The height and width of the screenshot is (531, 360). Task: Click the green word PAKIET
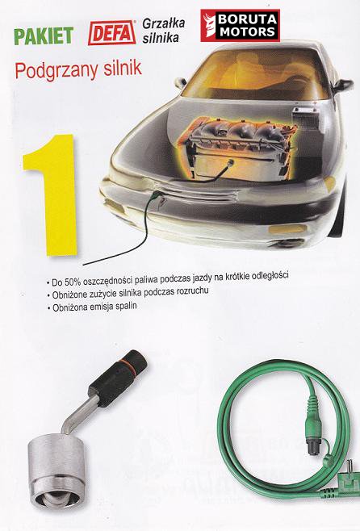tap(44, 36)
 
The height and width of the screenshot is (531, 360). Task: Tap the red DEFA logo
tap(111, 32)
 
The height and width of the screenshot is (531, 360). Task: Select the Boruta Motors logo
tap(240, 25)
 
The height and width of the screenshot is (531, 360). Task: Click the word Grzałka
tap(164, 23)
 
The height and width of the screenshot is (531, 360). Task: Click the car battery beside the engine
tap(306, 117)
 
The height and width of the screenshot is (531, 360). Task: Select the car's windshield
tap(257, 73)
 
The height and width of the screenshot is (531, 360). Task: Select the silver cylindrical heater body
tap(57, 472)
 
